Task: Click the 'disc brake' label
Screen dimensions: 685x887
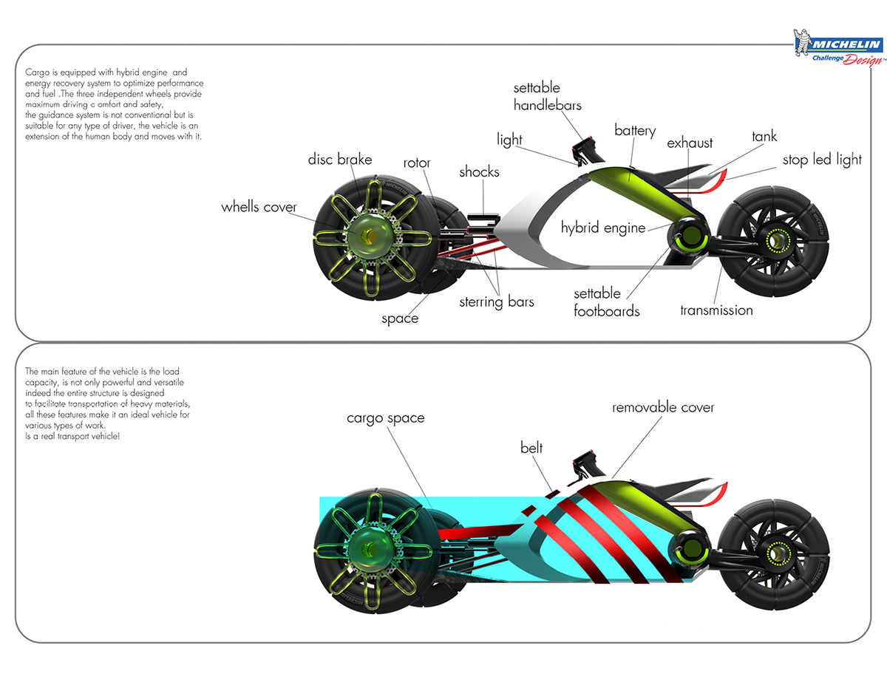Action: [x=340, y=160]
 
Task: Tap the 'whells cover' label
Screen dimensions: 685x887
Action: [x=259, y=207]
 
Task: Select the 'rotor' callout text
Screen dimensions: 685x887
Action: [x=417, y=163]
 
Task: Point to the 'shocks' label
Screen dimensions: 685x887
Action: [x=479, y=172]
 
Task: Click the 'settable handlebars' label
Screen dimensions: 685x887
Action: [x=547, y=97]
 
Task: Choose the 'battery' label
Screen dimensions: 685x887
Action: [x=635, y=131]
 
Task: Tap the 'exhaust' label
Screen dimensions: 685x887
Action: [x=690, y=143]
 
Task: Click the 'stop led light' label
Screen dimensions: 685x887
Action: [x=822, y=160]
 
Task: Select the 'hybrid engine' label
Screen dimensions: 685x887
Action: [x=603, y=228]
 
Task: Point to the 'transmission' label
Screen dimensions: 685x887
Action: [x=716, y=310]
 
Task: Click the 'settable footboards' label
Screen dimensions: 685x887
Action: [x=607, y=302]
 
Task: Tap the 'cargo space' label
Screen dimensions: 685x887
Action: [x=386, y=418]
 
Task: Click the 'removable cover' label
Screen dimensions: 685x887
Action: [x=663, y=407]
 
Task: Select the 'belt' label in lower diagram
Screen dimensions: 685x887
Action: [x=531, y=448]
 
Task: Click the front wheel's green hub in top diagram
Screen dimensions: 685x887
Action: [x=367, y=234]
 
